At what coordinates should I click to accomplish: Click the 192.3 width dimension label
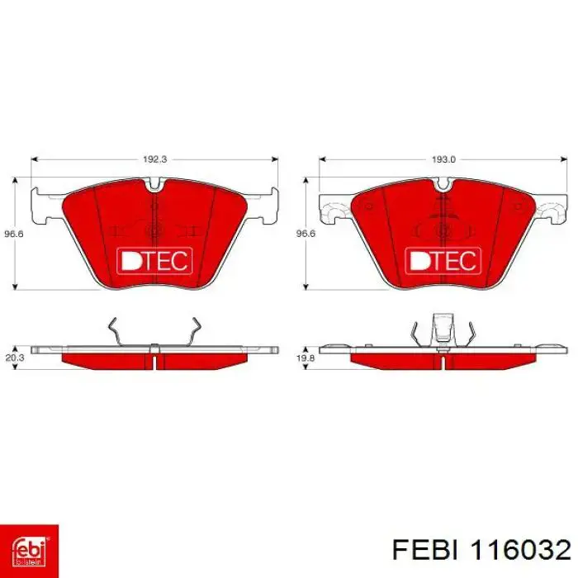155,159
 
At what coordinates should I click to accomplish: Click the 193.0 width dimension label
443,159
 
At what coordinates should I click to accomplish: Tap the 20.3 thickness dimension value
14,358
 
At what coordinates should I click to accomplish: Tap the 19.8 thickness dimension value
306,358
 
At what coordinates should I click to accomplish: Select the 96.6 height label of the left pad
14,234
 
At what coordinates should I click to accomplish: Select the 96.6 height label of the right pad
306,234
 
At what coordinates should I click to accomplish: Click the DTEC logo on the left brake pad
154,261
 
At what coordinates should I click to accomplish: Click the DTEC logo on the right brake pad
443,261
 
